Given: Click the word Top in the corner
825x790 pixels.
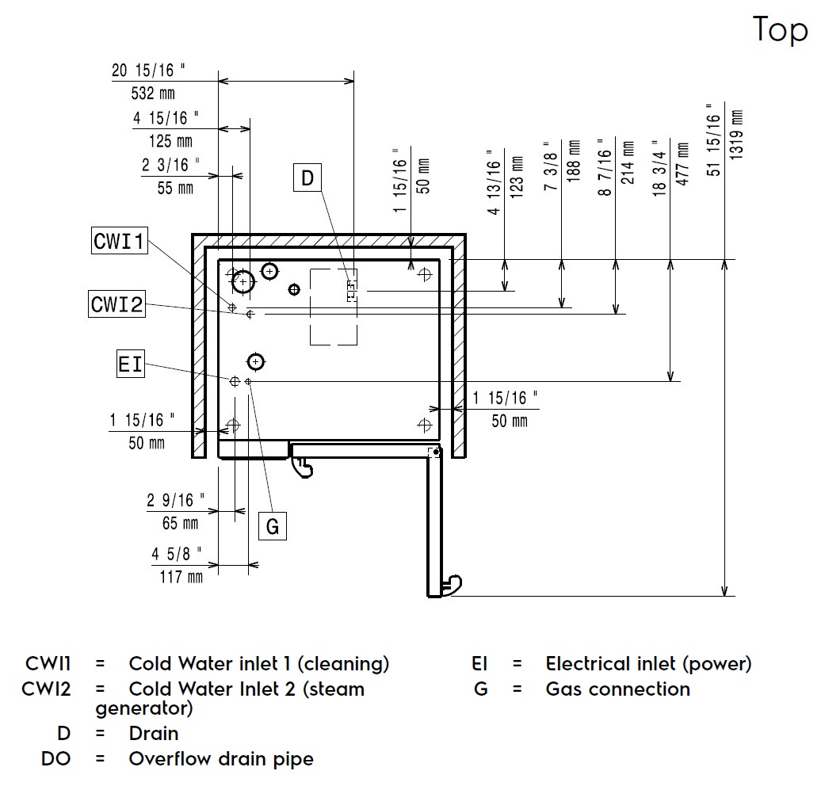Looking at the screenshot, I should click(780, 31).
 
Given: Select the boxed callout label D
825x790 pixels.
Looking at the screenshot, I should click(307, 178).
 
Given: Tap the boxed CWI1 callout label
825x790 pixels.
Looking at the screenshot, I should click(119, 241).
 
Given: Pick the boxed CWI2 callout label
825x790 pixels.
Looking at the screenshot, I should click(116, 303).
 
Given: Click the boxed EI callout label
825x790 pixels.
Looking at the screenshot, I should click(131, 364).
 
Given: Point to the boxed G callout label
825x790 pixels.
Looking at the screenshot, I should click(273, 526).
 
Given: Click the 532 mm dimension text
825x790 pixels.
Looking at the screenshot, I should click(152, 94).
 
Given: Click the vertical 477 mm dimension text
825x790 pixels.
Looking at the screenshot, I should click(682, 163).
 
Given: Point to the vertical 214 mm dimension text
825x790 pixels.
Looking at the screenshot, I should click(628, 163).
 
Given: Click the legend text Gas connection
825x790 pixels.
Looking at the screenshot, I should click(617, 689).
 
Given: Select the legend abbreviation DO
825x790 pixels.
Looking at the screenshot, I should click(55, 759).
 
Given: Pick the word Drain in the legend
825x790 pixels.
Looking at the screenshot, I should click(154, 734).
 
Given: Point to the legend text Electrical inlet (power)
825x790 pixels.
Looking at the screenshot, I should click(648, 664).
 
